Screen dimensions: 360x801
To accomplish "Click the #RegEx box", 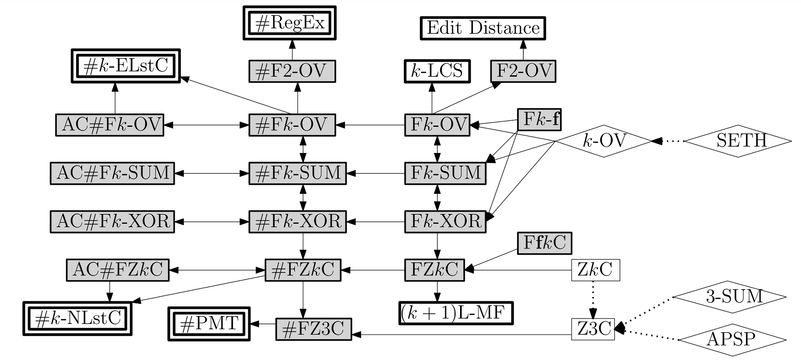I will tap(289, 23).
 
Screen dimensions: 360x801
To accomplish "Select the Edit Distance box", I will tap(483, 28).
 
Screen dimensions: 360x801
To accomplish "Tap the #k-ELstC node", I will tap(126, 66).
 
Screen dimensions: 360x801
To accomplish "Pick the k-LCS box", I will tap(437, 71).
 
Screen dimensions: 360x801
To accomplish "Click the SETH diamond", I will tap(738, 141).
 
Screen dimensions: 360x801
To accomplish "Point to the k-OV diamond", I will tap(604, 141).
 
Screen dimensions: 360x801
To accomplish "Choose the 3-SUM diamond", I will tap(730, 297).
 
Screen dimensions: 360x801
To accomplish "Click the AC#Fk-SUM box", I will tap(112, 173).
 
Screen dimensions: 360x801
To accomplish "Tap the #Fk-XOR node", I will tap(298, 222).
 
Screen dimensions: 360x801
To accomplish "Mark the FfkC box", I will tap(544, 243).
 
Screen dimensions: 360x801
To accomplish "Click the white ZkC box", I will tap(595, 270).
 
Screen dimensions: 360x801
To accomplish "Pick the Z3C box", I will tap(593, 329).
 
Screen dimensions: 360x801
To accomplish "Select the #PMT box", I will tap(209, 324).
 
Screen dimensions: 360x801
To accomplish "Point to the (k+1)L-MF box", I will tap(456, 313).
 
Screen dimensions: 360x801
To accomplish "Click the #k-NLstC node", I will tap(78, 318).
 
